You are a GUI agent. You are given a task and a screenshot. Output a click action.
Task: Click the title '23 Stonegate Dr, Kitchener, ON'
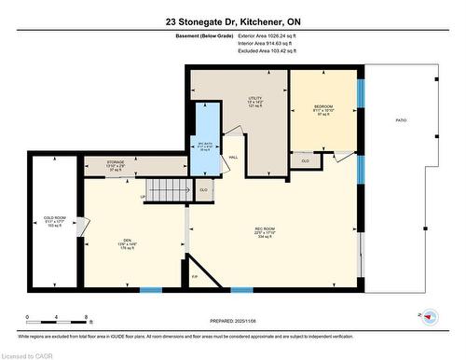233,21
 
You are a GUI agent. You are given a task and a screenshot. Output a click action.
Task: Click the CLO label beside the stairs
204,189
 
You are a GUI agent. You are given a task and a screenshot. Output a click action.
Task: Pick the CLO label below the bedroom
305,161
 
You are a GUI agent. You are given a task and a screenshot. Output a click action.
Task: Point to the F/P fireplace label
194,277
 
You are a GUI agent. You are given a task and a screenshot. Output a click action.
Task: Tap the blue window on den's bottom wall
150,290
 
